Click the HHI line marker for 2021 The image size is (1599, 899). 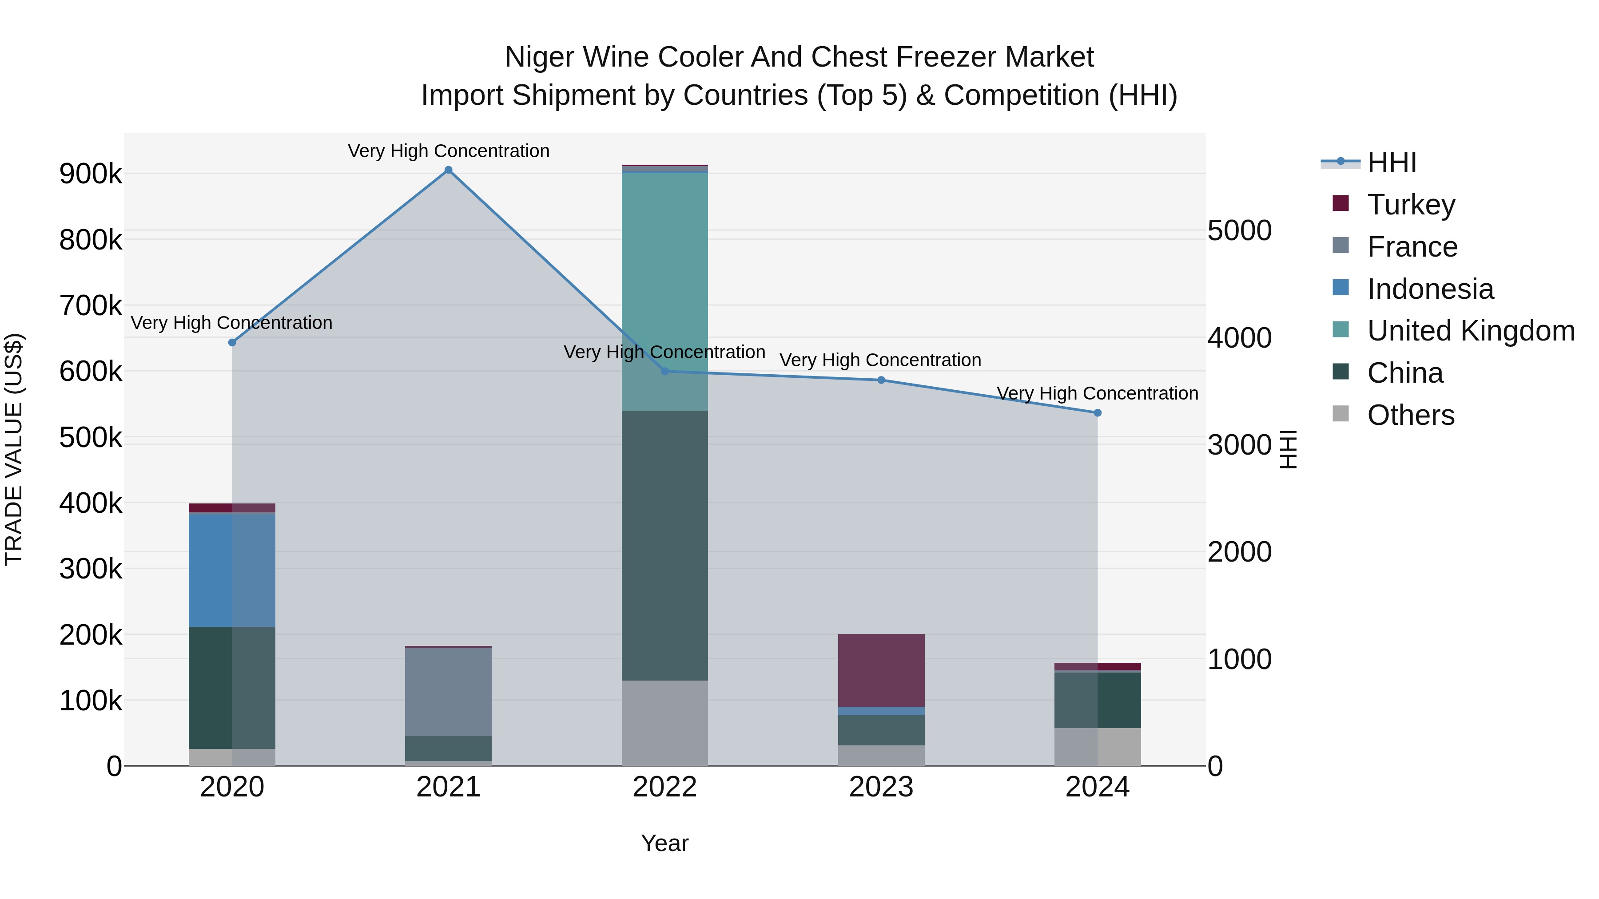pyautogui.click(x=448, y=170)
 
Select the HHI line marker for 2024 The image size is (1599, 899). pyautogui.click(x=1098, y=412)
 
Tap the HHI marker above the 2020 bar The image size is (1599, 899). pyautogui.click(x=232, y=342)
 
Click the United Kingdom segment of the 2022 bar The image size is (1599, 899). pyautogui.click(x=665, y=292)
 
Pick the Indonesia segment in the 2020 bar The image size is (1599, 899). pyautogui.click(x=232, y=570)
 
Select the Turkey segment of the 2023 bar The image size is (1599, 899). pyautogui.click(x=881, y=670)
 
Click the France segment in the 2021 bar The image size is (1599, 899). pyautogui.click(x=448, y=692)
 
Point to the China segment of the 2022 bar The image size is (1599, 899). pyautogui.click(x=665, y=546)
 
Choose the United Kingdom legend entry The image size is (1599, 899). pyautogui.click(x=1470, y=331)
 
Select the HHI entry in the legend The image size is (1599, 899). pyautogui.click(x=1391, y=162)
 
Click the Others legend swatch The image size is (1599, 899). pyautogui.click(x=1341, y=414)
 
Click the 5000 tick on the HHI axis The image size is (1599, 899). pyautogui.click(x=1239, y=231)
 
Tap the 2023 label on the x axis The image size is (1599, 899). pyautogui.click(x=881, y=787)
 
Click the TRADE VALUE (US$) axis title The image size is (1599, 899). pyautogui.click(x=14, y=449)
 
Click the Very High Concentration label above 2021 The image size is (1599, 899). pyautogui.click(x=448, y=151)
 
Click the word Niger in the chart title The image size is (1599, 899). pyautogui.click(x=539, y=57)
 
